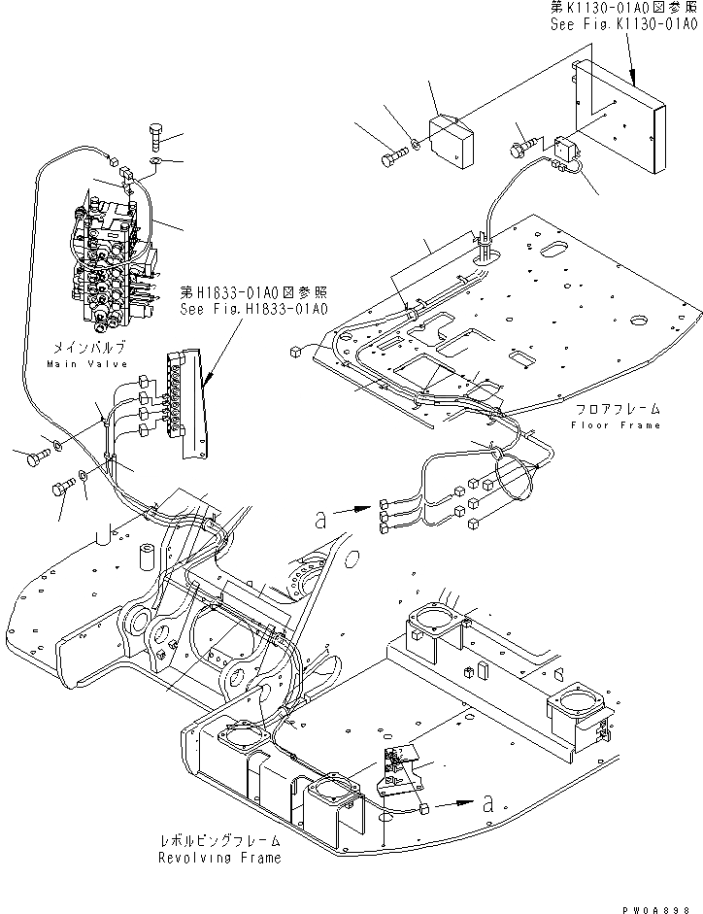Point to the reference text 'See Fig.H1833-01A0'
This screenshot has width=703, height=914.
254,309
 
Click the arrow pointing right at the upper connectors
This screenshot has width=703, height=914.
352,506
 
